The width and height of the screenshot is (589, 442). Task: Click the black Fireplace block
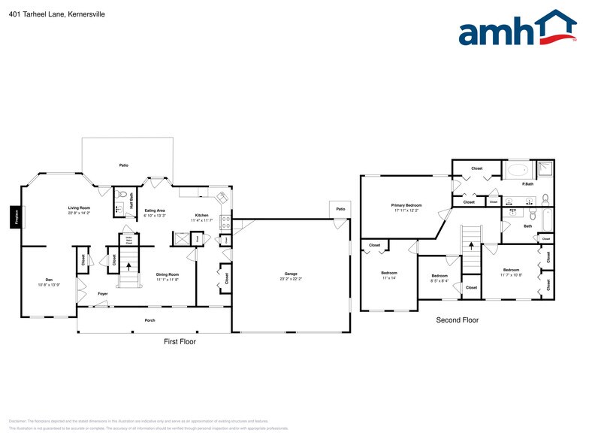coord(14,216)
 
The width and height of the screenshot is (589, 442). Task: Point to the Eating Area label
coord(155,210)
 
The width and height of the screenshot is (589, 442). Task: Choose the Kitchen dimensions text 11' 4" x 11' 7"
coord(201,220)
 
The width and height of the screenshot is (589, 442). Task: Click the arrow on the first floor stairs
coord(129,265)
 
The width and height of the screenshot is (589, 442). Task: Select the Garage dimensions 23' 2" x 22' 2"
coord(291,279)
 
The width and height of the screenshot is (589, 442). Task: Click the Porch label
coord(150,319)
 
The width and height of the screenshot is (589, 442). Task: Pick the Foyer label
coord(102,294)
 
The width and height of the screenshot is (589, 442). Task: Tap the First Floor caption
coord(180,341)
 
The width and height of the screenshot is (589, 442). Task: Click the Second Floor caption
coord(457,320)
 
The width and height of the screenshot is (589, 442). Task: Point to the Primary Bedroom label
coord(406,204)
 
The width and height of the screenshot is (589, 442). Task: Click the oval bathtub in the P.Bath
coord(518,170)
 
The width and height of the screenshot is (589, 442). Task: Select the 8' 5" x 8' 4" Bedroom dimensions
coord(439,282)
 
